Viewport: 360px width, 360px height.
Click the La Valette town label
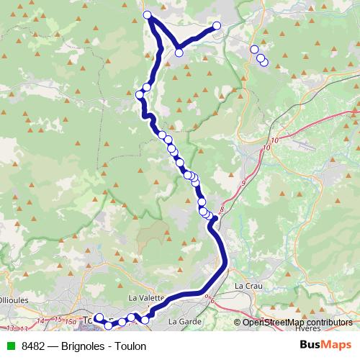[147, 297]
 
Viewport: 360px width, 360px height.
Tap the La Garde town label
[181, 320]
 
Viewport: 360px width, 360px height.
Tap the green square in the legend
[9, 346]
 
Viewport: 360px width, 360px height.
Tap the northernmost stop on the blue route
[148, 15]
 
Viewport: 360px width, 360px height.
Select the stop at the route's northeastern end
[217, 27]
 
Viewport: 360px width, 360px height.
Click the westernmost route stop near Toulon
[99, 318]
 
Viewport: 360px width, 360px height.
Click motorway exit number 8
[222, 210]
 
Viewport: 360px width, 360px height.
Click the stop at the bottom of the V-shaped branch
[179, 52]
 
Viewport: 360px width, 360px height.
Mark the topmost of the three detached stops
[253, 50]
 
